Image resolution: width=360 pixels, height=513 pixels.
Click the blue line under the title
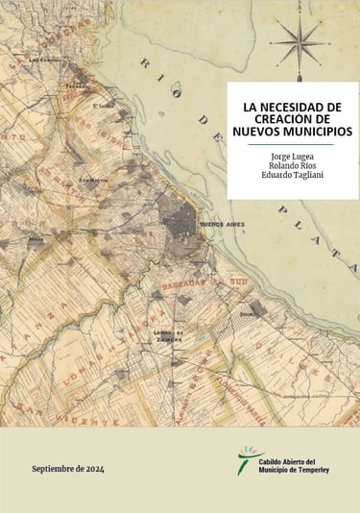pos(291,143)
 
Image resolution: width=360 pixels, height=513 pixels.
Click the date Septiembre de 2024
pos(67,469)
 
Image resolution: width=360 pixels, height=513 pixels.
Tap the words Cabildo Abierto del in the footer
pos(294,460)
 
